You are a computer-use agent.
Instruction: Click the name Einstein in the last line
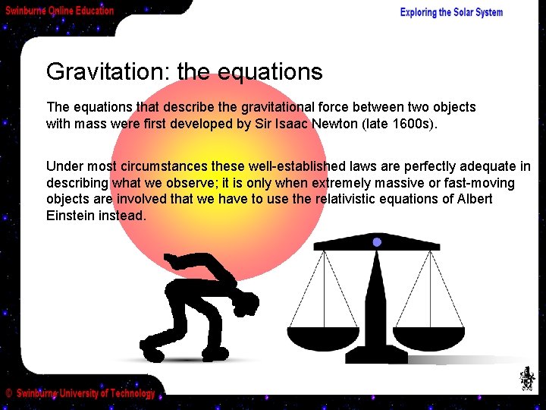(71, 216)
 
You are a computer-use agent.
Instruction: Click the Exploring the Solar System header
(451, 12)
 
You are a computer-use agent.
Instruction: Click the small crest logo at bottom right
(526, 377)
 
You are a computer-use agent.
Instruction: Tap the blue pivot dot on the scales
(376, 242)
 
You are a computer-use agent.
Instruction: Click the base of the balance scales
(376, 356)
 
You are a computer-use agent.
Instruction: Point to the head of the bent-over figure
(245, 306)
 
